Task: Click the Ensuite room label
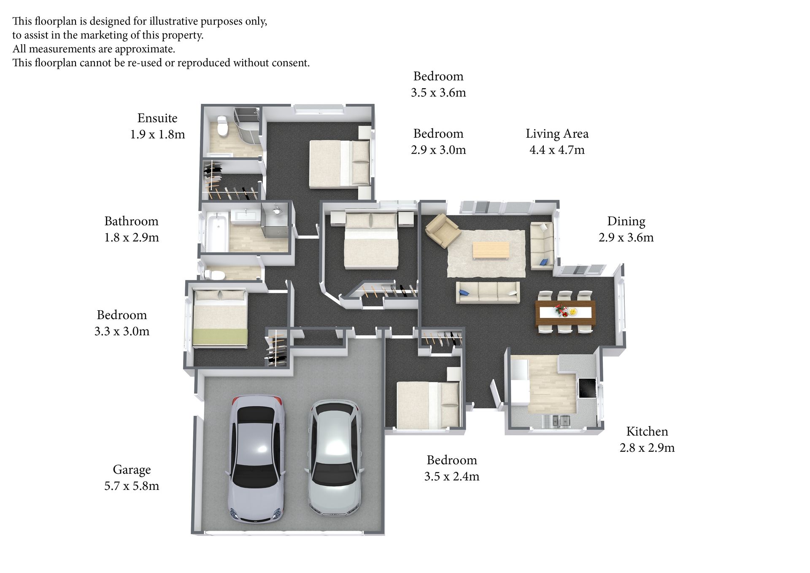click(157, 118)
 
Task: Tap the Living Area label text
click(557, 133)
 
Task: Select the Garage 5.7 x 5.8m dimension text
click(132, 486)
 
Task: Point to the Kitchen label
click(647, 431)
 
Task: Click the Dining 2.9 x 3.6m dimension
click(626, 237)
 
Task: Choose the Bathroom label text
click(131, 221)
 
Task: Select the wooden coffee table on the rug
click(491, 250)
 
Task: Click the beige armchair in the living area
click(442, 230)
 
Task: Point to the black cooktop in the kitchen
click(587, 388)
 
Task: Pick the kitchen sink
click(556, 420)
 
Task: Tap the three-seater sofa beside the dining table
click(488, 292)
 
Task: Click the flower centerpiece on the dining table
click(561, 310)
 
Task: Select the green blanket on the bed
click(220, 337)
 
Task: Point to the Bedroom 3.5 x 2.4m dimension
click(452, 476)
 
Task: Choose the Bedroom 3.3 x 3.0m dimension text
click(122, 331)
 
